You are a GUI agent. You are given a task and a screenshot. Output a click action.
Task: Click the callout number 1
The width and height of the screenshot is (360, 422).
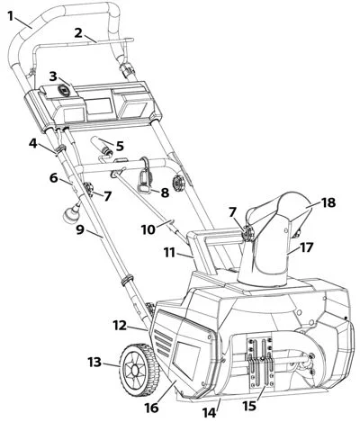point(11,16)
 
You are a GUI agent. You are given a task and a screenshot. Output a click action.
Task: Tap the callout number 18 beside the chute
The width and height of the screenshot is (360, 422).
point(328,202)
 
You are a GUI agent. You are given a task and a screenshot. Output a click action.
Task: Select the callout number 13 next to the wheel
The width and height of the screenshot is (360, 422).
point(95,363)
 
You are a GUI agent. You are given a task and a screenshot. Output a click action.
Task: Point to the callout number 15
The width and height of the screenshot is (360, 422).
point(249,406)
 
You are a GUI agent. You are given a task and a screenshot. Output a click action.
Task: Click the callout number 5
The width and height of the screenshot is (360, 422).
point(120,146)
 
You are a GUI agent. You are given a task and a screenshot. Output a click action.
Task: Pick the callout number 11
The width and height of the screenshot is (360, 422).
point(169,253)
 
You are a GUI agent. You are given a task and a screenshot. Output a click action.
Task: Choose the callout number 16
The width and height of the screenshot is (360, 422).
point(151,408)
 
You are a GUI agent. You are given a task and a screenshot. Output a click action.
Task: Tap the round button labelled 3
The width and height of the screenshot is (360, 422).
point(64,90)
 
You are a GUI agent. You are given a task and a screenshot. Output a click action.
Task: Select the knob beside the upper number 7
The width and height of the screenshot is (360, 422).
point(87,190)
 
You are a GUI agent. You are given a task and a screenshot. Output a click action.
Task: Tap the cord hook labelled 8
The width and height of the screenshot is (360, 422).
point(145,177)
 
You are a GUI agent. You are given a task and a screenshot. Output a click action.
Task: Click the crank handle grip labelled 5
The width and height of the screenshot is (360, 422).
point(100,141)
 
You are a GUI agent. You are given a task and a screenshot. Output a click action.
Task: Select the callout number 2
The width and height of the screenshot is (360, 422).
point(78,33)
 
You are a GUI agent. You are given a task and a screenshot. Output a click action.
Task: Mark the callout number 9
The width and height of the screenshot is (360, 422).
point(80,230)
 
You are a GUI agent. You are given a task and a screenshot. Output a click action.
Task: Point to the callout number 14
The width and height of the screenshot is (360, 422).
point(209,413)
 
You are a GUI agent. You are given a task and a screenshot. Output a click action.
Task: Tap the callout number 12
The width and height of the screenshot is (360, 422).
point(121,325)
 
